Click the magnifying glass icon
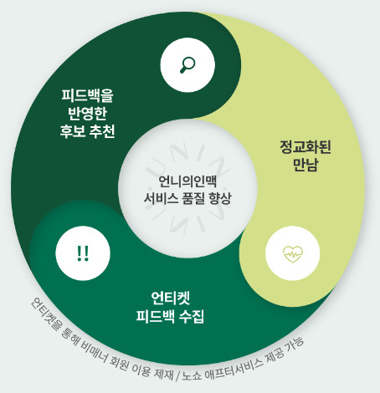click(x=187, y=64)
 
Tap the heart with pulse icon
click(x=293, y=253)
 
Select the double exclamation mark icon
click(x=83, y=253)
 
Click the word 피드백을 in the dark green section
click(x=87, y=95)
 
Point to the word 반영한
click(x=87, y=113)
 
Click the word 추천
click(x=102, y=131)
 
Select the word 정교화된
click(x=306, y=147)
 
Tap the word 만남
click(x=306, y=165)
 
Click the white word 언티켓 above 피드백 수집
click(x=171, y=298)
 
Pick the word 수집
click(x=192, y=316)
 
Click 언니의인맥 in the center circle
click(x=187, y=181)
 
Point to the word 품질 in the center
click(x=194, y=198)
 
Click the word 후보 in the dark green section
click(x=73, y=131)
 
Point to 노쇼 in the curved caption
click(x=192, y=376)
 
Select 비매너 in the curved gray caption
click(x=94, y=354)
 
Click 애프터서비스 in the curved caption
click(x=234, y=369)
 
